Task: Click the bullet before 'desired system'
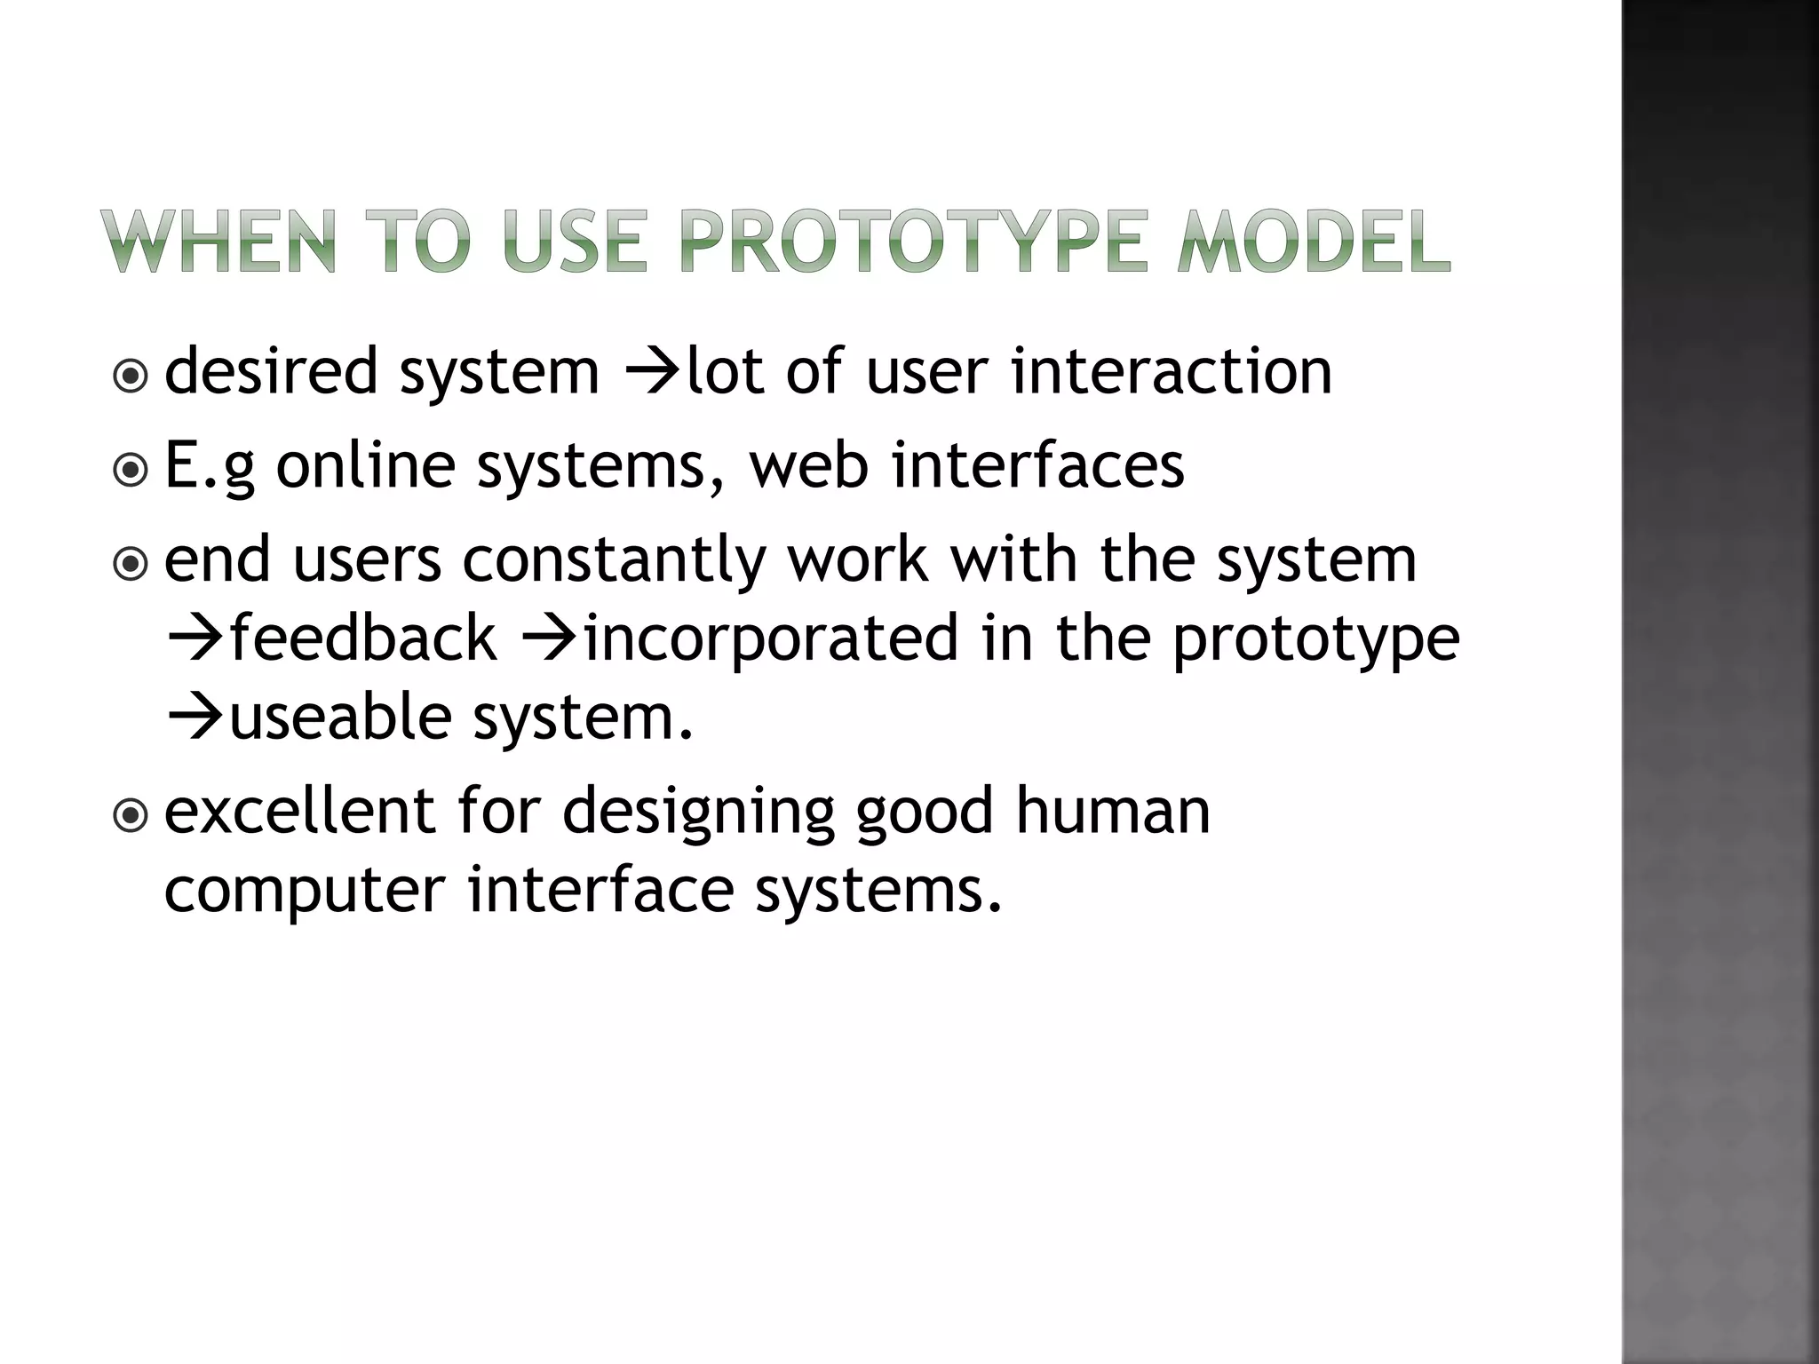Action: (131, 377)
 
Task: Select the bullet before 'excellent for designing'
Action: (131, 815)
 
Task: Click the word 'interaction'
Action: (1171, 371)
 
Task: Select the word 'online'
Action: (365, 465)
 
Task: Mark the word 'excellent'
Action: (300, 812)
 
